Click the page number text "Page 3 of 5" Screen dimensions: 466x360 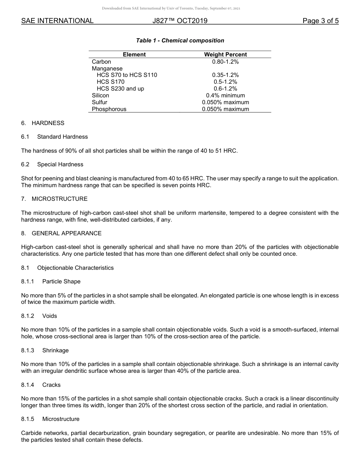click(320, 21)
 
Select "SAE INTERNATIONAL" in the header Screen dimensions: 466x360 click(57, 21)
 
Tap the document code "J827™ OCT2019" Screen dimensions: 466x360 click(180, 21)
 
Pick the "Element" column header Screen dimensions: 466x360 click(134, 55)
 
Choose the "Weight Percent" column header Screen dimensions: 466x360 click(225, 55)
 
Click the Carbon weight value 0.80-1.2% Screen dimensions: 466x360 click(225, 61)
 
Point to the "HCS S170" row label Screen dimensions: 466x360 click(110, 82)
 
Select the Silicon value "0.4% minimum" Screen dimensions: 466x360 click(225, 95)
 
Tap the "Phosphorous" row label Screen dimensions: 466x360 click(109, 109)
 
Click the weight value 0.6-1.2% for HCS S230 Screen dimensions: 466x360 click(225, 89)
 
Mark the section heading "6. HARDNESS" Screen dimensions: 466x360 click(43, 123)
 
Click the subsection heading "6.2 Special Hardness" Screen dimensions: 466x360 click(52, 164)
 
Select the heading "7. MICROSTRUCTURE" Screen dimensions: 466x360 click(54, 199)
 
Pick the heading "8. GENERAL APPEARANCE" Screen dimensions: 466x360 click(61, 233)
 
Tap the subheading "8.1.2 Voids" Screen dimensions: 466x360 click(39, 316)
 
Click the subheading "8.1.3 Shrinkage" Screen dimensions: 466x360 click(45, 350)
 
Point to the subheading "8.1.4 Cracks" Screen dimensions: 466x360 click(41, 385)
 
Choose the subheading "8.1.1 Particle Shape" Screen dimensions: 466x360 click(51, 281)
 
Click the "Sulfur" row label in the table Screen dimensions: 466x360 click(99, 102)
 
